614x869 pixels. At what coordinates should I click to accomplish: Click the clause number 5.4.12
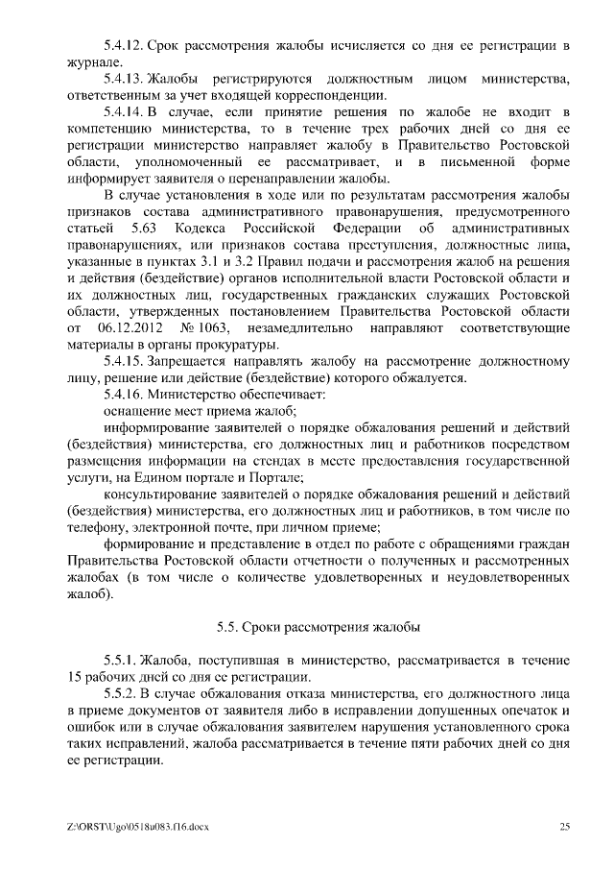122,45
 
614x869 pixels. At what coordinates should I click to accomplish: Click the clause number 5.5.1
118,661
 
